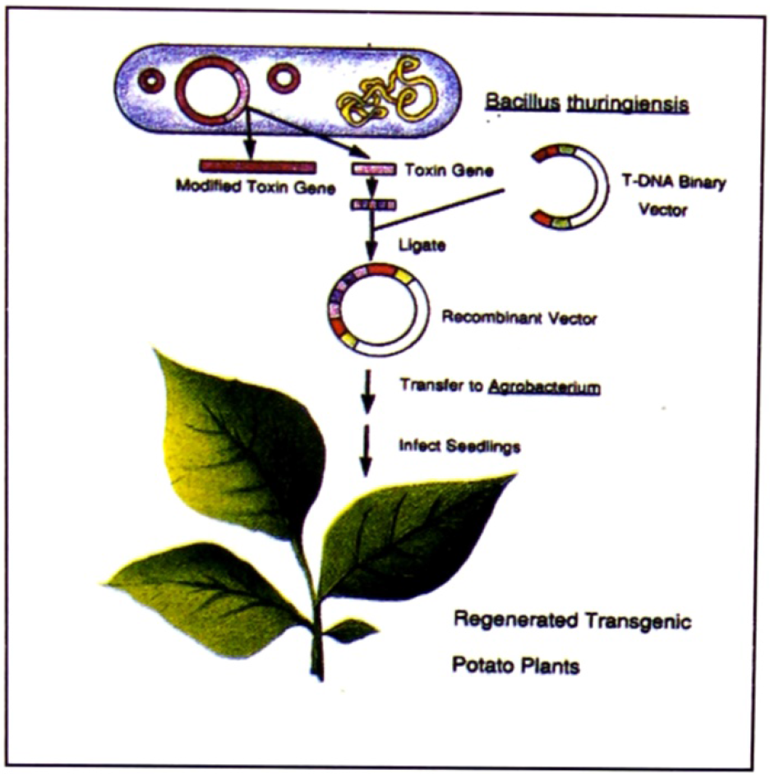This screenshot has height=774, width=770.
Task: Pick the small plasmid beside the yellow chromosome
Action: pyautogui.click(x=285, y=80)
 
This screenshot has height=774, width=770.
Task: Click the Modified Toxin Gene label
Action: pyautogui.click(x=255, y=187)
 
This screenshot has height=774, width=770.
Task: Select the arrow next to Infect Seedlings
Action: pyautogui.click(x=367, y=450)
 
